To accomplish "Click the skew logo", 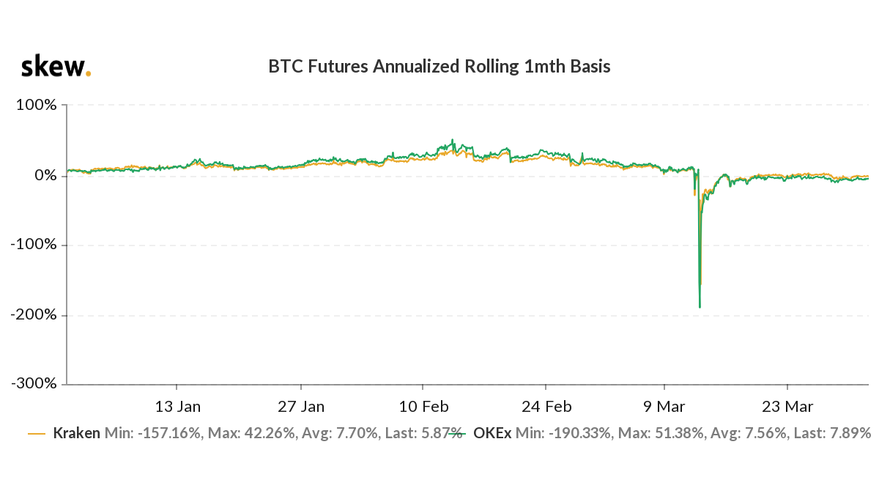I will click(56, 67).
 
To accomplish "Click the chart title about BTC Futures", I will click(439, 67).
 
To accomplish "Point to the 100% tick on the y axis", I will click(37, 105).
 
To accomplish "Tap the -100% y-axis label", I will click(34, 245).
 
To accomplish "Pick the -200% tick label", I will click(34, 315).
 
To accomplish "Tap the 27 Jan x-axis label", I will click(301, 407).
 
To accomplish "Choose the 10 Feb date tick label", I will click(423, 407).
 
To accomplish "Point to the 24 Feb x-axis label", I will click(546, 407).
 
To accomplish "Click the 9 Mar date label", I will click(664, 407).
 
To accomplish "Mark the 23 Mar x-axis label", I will click(787, 407).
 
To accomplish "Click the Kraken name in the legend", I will click(76, 433).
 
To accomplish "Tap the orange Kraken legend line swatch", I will click(37, 434).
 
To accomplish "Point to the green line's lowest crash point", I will click(700, 307).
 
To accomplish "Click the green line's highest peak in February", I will click(452, 140).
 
